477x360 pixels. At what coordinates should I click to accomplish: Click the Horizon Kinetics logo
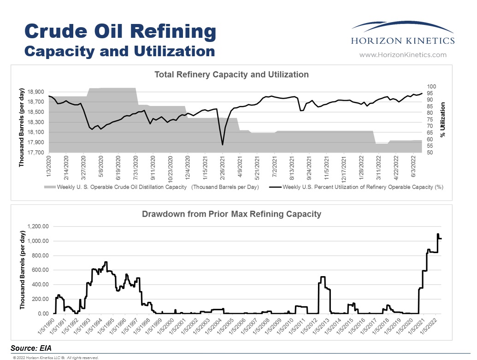[x=402, y=35]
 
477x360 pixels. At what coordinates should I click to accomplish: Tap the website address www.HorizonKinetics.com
[x=402, y=55]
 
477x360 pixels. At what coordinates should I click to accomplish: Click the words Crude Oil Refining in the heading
[x=120, y=31]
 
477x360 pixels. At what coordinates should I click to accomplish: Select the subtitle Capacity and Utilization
[x=119, y=50]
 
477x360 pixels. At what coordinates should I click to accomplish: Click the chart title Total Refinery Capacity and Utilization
[x=231, y=74]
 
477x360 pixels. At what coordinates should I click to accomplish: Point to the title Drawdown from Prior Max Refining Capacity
[x=231, y=214]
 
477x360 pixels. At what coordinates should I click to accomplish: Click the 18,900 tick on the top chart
[x=35, y=92]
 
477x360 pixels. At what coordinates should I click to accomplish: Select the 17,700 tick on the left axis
[x=35, y=153]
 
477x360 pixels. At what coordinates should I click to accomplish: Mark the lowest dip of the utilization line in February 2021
[x=223, y=145]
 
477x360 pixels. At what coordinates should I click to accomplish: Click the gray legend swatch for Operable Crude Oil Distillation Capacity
[x=49, y=187]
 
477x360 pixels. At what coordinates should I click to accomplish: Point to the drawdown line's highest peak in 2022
[x=437, y=234]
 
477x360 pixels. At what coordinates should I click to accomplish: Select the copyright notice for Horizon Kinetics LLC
[x=56, y=357]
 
